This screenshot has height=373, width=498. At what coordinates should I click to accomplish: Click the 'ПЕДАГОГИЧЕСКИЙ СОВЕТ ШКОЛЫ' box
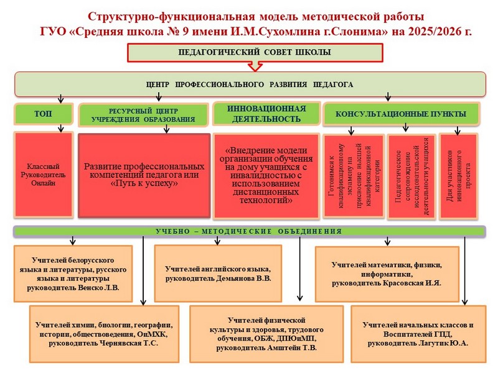(x=250, y=52)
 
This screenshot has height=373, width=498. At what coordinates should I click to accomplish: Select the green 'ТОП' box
(x=43, y=114)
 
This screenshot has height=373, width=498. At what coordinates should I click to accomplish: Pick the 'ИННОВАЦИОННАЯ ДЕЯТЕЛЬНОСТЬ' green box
(x=266, y=113)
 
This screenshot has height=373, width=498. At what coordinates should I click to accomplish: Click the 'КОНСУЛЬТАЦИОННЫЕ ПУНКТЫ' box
(x=401, y=114)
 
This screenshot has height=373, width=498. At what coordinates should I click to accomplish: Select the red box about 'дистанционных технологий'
(x=266, y=176)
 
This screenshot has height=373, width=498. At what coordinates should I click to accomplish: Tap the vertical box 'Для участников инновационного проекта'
(x=459, y=176)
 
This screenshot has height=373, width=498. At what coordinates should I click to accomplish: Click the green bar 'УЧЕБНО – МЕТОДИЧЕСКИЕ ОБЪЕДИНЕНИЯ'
(x=249, y=231)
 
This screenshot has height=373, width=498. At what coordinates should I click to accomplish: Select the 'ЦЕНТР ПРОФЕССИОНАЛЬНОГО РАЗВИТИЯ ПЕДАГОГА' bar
(x=249, y=84)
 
